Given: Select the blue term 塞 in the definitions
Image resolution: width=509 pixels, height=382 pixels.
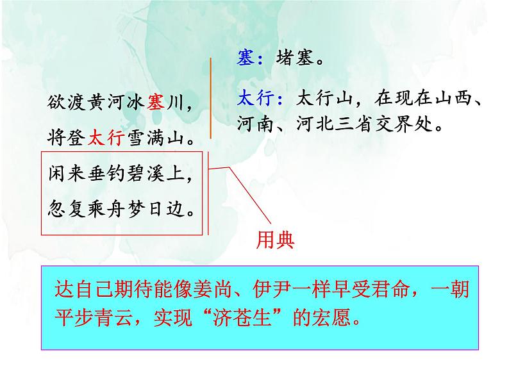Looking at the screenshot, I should tap(246, 59).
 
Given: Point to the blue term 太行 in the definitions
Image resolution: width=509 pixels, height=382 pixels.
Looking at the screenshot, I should tap(255, 98).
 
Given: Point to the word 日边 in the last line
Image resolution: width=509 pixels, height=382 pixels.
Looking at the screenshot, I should tap(173, 208).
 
